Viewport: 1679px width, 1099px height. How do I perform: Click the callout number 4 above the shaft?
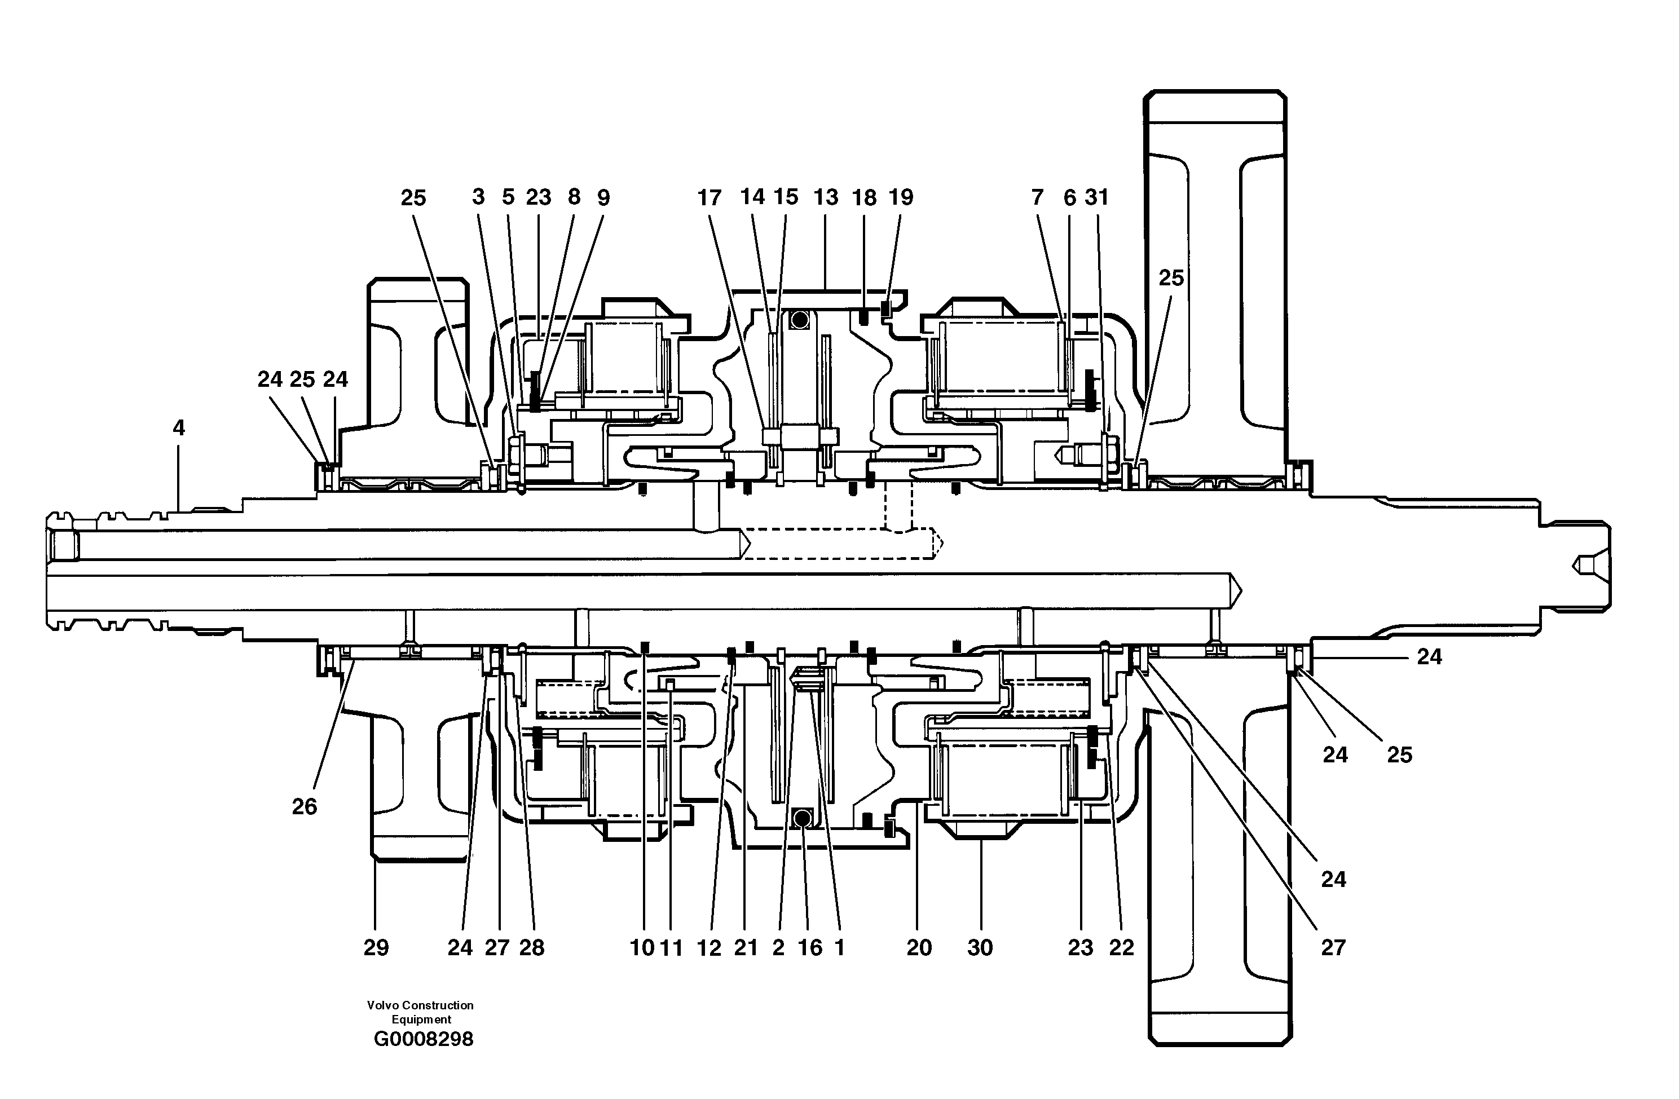point(178,427)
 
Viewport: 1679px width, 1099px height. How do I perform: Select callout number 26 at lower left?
point(304,806)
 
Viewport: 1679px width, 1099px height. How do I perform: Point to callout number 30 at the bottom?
point(980,947)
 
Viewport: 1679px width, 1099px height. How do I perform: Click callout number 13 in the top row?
point(825,197)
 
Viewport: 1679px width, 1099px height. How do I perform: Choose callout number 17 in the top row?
point(709,197)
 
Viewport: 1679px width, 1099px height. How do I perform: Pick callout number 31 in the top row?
point(1096,197)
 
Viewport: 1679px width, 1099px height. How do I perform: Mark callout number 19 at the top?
point(900,197)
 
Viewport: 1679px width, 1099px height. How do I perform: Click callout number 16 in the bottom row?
point(810,947)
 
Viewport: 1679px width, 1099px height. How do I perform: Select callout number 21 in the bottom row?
point(746,947)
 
